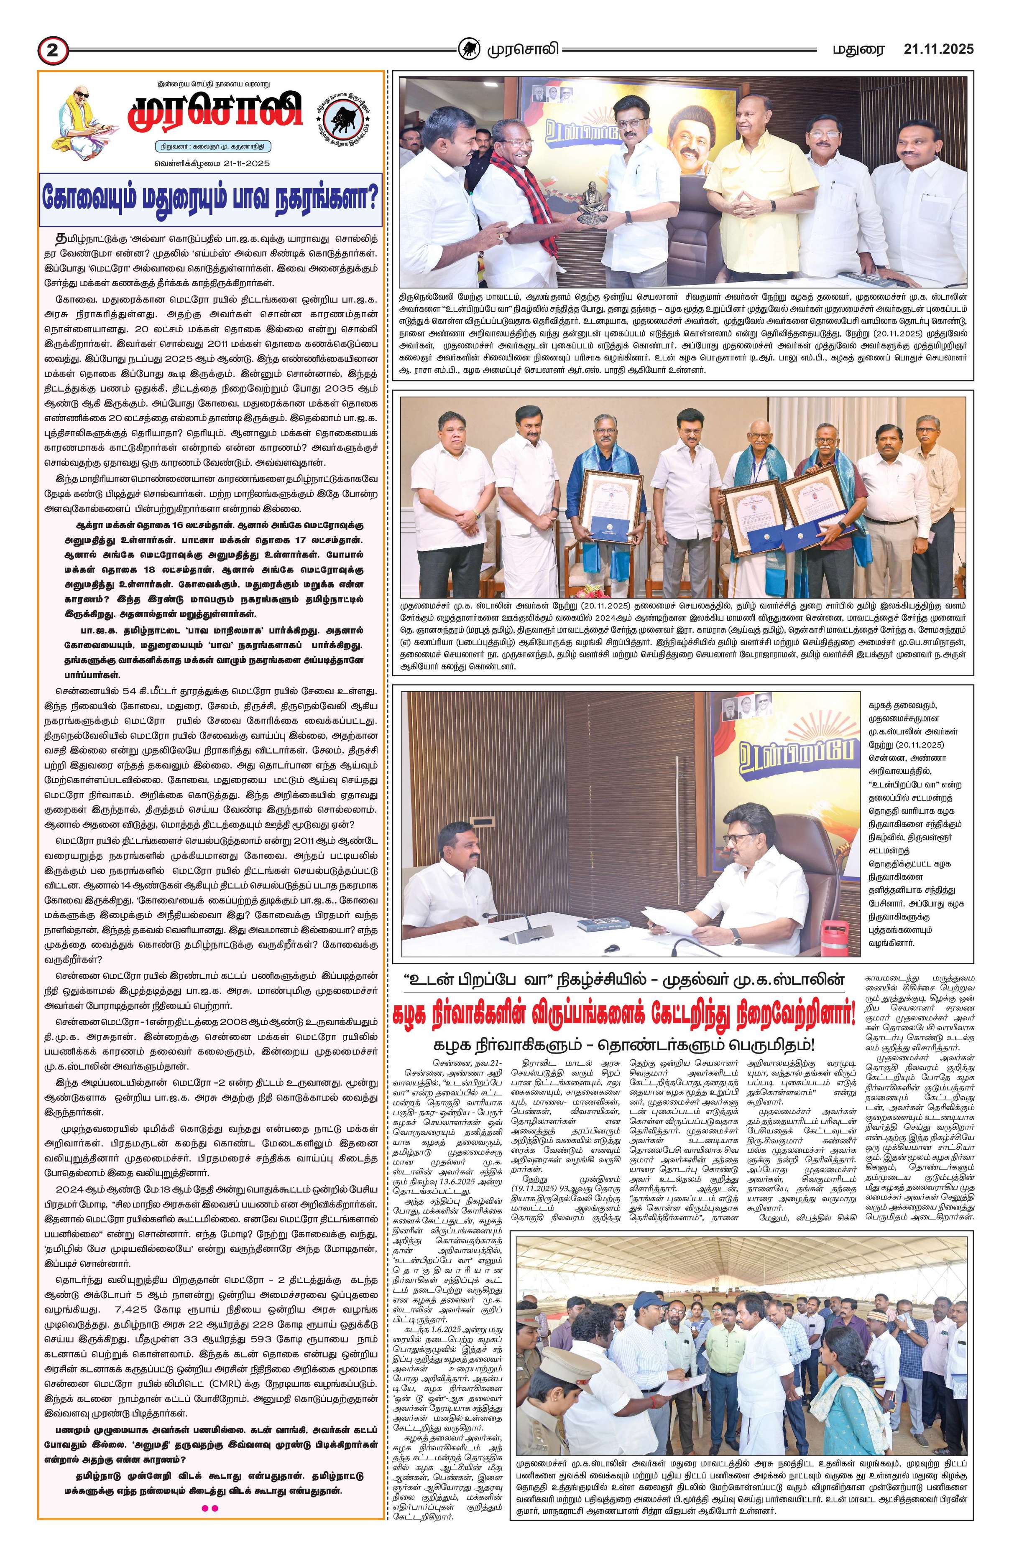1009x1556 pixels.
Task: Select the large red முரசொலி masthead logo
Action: pyautogui.click(x=215, y=114)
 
